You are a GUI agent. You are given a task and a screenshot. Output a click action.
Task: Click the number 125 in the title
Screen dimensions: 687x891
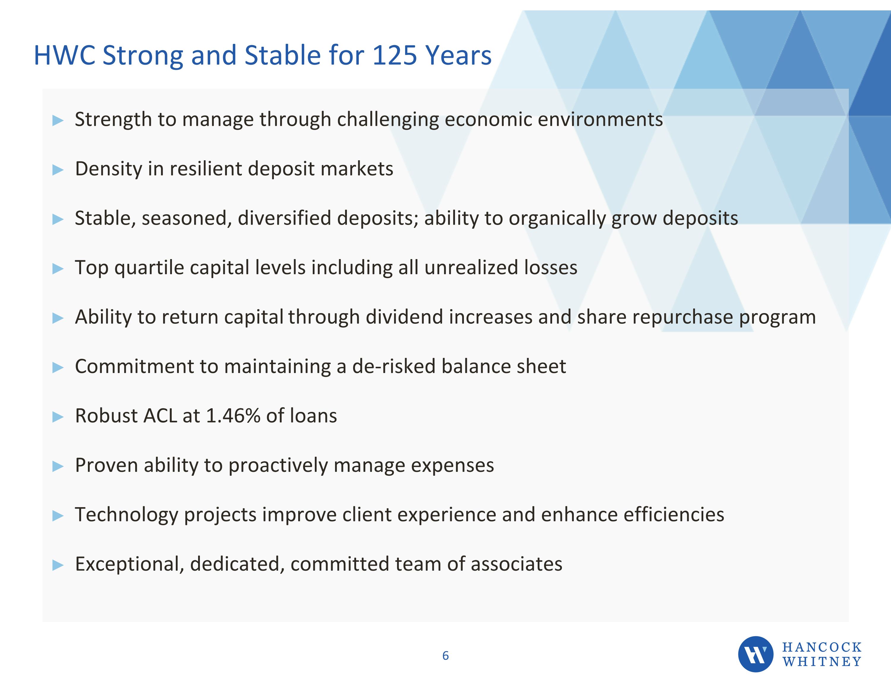point(394,55)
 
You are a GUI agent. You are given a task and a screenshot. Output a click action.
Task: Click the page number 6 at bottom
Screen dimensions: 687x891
point(445,656)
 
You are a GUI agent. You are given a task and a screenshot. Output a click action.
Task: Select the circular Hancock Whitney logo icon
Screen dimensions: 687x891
point(756,654)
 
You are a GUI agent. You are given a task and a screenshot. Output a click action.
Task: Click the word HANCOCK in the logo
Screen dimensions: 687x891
point(822,647)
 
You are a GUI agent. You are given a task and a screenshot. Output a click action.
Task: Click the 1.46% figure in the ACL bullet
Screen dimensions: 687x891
point(233,416)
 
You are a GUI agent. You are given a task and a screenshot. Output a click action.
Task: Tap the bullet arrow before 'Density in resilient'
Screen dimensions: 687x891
point(58,170)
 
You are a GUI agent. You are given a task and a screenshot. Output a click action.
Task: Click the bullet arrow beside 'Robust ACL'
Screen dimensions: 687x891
point(58,417)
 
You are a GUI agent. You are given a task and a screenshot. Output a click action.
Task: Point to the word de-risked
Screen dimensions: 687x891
point(394,366)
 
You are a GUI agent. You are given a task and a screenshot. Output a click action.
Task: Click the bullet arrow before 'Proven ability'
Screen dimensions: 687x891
point(58,466)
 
